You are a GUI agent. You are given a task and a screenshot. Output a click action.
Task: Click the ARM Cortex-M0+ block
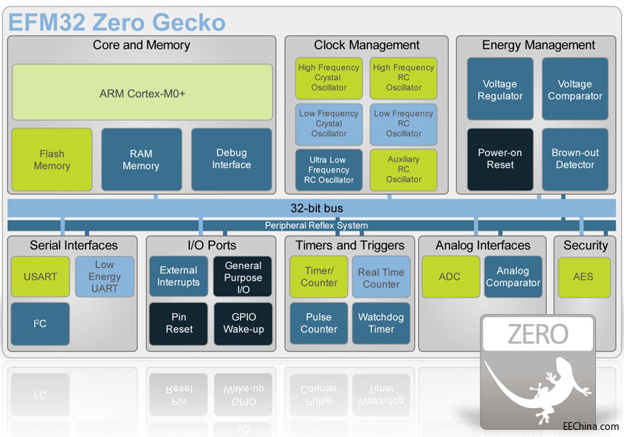coord(142,93)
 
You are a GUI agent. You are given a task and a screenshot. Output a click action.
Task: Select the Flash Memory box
coord(51,159)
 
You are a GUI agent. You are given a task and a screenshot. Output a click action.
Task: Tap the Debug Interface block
coord(232,159)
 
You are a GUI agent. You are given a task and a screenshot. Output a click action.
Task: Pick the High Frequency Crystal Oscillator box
coord(328,77)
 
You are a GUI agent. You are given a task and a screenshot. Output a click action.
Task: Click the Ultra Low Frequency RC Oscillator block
coord(328,169)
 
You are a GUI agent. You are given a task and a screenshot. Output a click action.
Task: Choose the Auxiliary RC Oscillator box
coord(403,169)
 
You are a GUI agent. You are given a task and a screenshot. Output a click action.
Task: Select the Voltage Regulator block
coord(500,90)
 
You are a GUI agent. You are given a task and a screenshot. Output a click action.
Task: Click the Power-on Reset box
coord(500,159)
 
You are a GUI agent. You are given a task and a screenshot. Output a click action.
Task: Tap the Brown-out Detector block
coord(575,159)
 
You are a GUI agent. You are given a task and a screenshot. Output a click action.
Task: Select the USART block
coord(41,277)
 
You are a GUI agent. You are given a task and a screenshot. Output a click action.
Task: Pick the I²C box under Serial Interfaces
coord(41,323)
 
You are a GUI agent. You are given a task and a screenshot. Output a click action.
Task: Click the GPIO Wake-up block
coord(243,323)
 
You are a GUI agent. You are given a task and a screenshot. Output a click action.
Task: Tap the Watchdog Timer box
coord(381,323)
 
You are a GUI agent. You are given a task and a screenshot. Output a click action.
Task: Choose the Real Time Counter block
coord(381,278)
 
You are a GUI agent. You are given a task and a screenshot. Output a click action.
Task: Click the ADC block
coord(450,277)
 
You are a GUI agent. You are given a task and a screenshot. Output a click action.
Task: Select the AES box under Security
coord(584,277)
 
